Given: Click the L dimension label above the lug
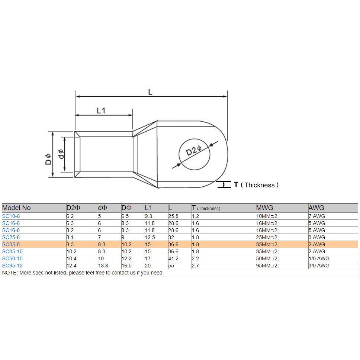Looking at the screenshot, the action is (150, 92).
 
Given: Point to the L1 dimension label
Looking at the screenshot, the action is (101, 111).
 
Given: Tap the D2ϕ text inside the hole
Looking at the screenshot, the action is (193, 151).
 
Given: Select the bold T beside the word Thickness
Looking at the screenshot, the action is (236, 184).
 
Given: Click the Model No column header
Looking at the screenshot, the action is (16, 208).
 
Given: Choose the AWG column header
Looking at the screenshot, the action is (316, 208).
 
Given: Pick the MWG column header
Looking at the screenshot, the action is (264, 208).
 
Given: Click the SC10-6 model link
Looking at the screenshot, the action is (11, 216).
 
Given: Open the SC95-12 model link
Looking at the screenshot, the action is (12, 266).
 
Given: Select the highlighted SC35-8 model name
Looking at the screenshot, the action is (11, 244).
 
